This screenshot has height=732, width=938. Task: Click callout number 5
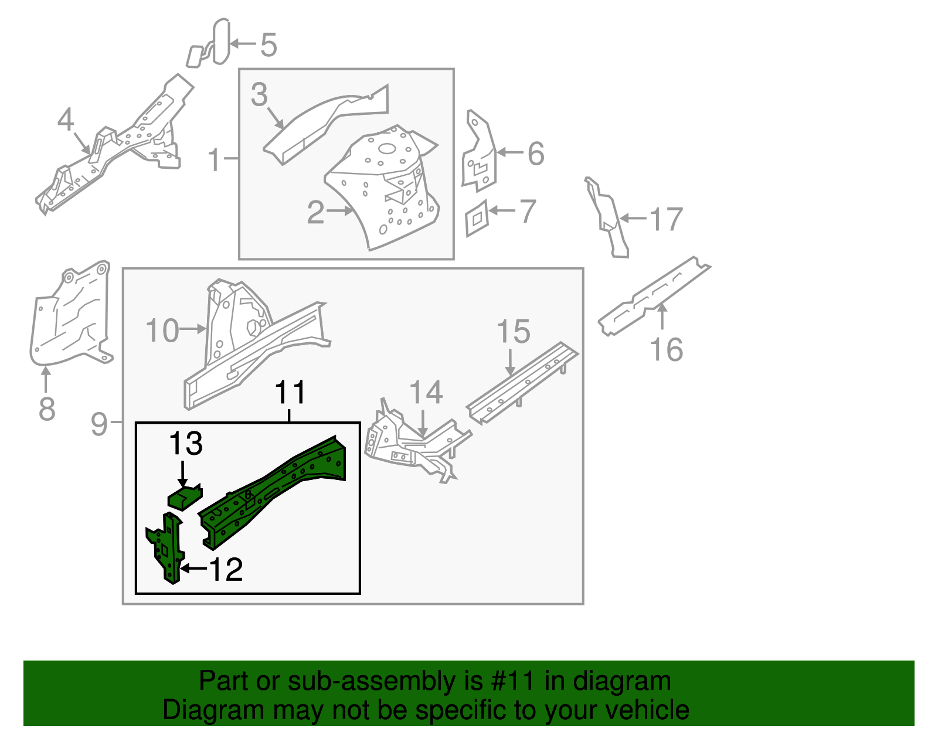tap(268, 45)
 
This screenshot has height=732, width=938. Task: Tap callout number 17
tap(666, 219)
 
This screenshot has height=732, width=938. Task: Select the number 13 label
tap(186, 444)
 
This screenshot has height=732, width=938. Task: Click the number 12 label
tap(226, 569)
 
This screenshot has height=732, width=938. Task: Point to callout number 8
tap(47, 408)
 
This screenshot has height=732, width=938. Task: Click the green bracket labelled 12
tap(169, 548)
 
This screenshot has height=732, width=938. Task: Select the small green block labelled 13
tap(184, 498)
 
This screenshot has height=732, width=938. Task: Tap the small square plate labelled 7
tap(477, 219)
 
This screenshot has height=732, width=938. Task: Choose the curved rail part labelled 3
tap(322, 123)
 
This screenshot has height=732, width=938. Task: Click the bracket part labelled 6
tap(479, 155)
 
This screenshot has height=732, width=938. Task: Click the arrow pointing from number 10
tap(193, 329)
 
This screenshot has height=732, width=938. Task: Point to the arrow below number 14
tap(423, 423)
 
